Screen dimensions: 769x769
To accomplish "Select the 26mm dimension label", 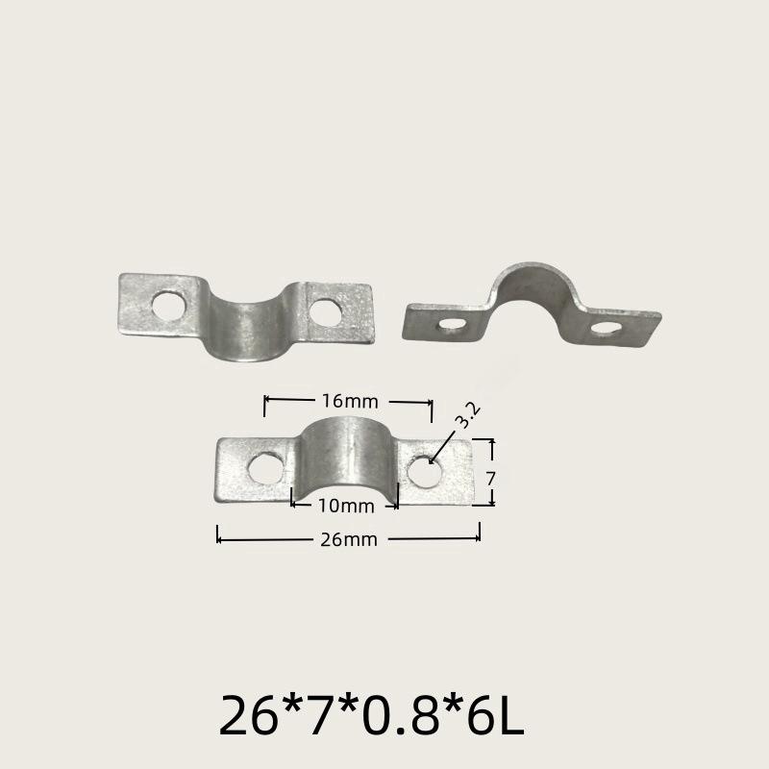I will [348, 540].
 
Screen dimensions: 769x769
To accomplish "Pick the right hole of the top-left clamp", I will [326, 311].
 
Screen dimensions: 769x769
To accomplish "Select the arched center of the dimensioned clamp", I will [343, 452].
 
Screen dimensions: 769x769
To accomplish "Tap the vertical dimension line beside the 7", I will [492, 471].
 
